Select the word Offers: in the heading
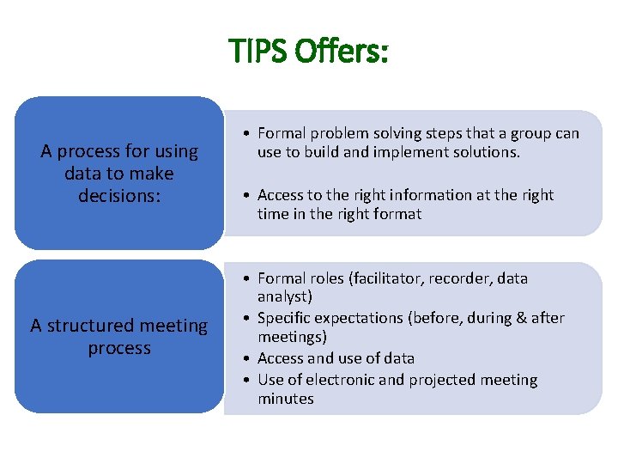pos(342,52)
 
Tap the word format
pos(392,214)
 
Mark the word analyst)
pos(285,297)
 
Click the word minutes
pos(286,399)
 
